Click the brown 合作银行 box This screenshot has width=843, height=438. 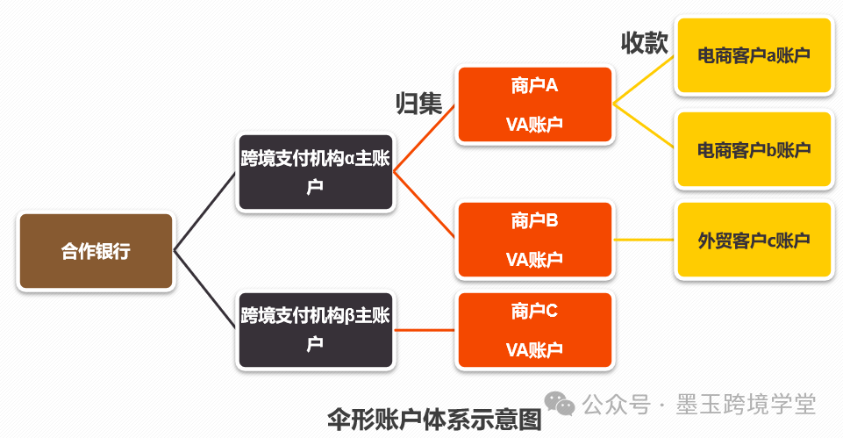pyautogui.click(x=96, y=251)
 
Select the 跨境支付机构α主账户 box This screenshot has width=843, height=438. pyautogui.click(x=315, y=171)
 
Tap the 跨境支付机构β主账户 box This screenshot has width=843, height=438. pyautogui.click(x=315, y=329)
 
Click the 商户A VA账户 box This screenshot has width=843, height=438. pyautogui.click(x=534, y=105)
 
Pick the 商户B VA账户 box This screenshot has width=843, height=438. pyautogui.click(x=534, y=240)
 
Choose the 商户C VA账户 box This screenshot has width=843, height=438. pyautogui.click(x=534, y=330)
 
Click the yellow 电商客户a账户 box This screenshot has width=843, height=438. pyautogui.click(x=753, y=55)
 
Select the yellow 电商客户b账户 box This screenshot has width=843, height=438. pyautogui.click(x=753, y=149)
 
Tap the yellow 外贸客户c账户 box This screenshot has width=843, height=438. pyautogui.click(x=753, y=240)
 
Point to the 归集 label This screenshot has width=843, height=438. pyautogui.click(x=418, y=104)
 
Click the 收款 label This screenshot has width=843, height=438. pyautogui.click(x=644, y=43)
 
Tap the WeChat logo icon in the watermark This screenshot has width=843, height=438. pyautogui.click(x=560, y=403)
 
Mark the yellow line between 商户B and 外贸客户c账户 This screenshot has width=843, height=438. pyautogui.click(x=644, y=240)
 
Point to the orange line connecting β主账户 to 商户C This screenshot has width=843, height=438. pyautogui.click(x=425, y=330)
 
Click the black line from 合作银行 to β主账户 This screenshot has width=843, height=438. pyautogui.click(x=205, y=290)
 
